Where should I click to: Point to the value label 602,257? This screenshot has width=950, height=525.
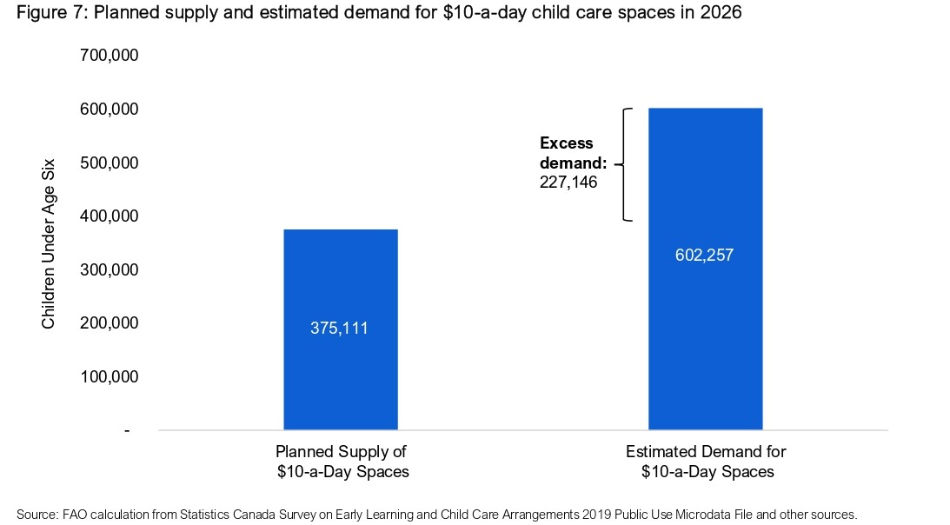(x=705, y=256)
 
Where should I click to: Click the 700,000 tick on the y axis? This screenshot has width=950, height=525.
(x=110, y=56)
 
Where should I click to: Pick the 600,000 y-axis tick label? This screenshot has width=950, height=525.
(x=110, y=110)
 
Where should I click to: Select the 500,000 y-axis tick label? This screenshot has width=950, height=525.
(x=110, y=163)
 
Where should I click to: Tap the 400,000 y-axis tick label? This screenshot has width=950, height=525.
(x=110, y=216)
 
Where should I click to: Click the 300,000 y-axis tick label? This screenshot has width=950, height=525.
(x=110, y=270)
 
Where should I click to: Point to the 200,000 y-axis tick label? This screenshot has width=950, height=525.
(x=110, y=323)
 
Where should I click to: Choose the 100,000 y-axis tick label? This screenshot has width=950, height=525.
(x=110, y=377)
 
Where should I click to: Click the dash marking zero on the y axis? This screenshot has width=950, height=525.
(x=127, y=431)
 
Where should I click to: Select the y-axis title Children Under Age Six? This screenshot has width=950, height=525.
(x=49, y=243)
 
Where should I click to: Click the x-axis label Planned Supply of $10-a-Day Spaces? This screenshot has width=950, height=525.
(x=341, y=462)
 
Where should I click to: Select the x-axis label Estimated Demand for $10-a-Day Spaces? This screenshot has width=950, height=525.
(x=705, y=462)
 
